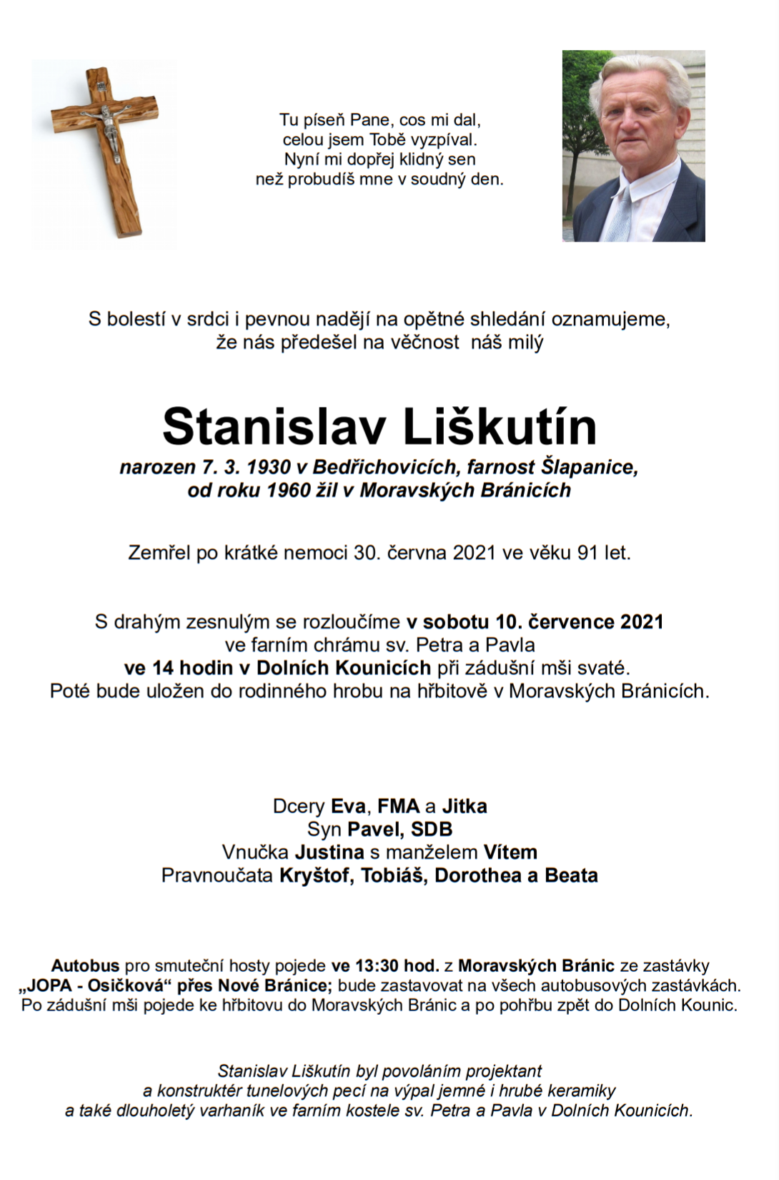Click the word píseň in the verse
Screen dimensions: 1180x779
(x=323, y=120)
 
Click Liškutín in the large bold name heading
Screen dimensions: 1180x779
(x=500, y=427)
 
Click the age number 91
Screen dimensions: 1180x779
(x=587, y=553)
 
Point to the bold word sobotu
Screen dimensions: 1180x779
(x=456, y=622)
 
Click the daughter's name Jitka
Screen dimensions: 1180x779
(x=465, y=807)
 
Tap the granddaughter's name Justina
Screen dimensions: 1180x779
(x=329, y=852)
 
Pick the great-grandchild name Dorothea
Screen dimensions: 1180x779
(x=478, y=875)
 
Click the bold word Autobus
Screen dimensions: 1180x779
(x=85, y=966)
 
